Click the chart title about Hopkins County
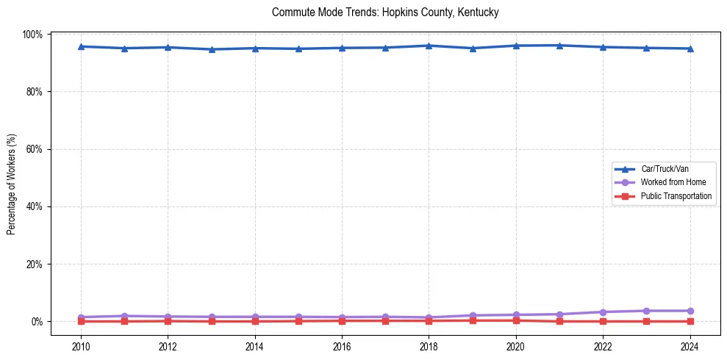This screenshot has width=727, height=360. [385, 12]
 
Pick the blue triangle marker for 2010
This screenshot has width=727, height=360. [81, 46]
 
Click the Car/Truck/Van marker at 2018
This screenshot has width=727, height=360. [429, 46]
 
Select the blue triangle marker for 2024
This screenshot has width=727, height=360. [690, 48]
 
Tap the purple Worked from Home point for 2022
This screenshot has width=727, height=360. [603, 312]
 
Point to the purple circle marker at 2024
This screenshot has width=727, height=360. [690, 311]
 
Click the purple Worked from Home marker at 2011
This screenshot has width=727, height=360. [124, 316]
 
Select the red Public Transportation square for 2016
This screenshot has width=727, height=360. [342, 320]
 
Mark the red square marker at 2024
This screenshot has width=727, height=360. [690, 321]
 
